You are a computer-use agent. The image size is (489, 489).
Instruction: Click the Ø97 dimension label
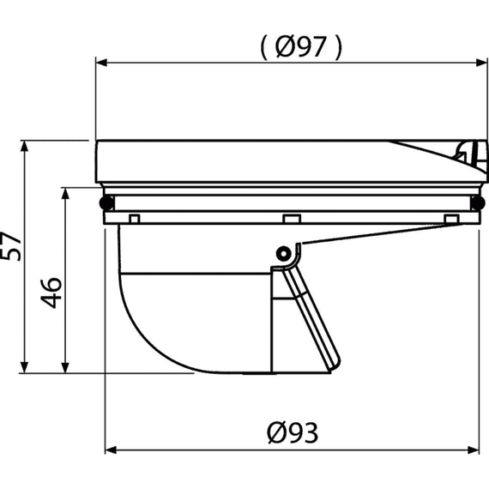tap(300, 47)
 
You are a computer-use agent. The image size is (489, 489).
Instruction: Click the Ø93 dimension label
tap(293, 432)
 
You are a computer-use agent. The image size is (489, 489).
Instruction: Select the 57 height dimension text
tap(10, 246)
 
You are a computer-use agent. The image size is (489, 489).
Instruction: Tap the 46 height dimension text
tap(51, 293)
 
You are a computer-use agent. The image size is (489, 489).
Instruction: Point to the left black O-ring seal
tap(106, 202)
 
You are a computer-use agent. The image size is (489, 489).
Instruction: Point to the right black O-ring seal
tap(477, 202)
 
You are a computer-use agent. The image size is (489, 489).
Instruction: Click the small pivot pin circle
tap(284, 254)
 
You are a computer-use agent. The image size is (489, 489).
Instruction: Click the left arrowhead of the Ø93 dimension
tap(111, 450)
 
